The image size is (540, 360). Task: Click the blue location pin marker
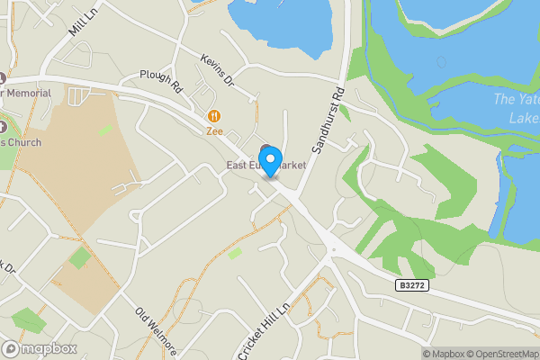(x=270, y=165)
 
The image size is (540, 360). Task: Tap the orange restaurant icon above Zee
(x=214, y=115)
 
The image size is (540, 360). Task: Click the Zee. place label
(x=214, y=130)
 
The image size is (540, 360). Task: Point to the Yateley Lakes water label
(x=517, y=108)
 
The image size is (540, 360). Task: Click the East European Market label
(x=266, y=166)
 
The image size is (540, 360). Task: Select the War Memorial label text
(x=31, y=94)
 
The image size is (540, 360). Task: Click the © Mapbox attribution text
(x=441, y=354)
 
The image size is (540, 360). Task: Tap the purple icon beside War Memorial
(x=3, y=78)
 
